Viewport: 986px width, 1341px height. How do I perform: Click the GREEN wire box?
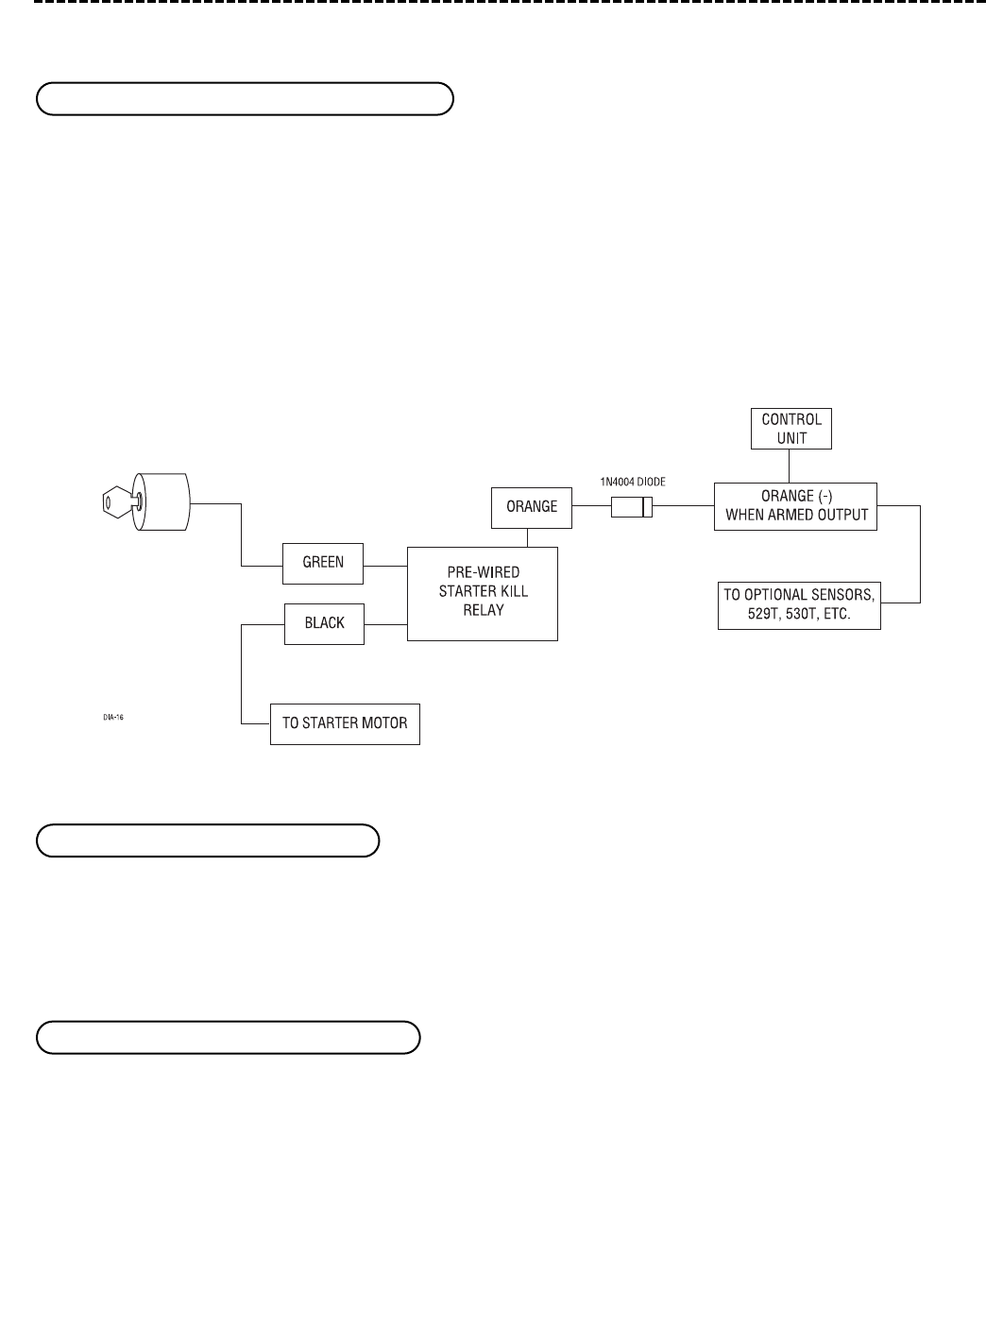[323, 563]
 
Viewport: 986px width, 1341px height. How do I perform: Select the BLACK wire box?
[324, 623]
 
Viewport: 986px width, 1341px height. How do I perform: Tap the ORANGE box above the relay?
[532, 507]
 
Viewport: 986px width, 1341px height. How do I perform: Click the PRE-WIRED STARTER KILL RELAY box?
[483, 592]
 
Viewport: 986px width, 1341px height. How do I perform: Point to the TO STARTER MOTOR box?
[345, 723]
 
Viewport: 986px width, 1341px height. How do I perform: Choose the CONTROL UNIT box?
[791, 428]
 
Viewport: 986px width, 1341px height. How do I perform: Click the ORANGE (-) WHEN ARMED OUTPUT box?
[795, 507]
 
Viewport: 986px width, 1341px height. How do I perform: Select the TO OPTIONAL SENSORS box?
[799, 604]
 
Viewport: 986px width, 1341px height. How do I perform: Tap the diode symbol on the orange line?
[633, 507]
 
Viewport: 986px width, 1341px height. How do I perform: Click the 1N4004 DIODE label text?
[633, 482]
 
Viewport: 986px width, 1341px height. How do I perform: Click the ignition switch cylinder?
[162, 502]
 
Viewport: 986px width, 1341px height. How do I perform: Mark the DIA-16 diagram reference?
[114, 717]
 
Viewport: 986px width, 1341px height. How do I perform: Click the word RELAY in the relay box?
[483, 610]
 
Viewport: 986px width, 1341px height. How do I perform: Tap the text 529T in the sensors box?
[739, 614]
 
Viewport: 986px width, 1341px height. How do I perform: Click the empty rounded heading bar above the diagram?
[246, 98]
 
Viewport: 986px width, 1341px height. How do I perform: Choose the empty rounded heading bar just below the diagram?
[208, 840]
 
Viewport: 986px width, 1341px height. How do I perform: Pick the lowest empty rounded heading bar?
[228, 1036]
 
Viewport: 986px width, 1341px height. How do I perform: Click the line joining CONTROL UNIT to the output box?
[790, 466]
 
